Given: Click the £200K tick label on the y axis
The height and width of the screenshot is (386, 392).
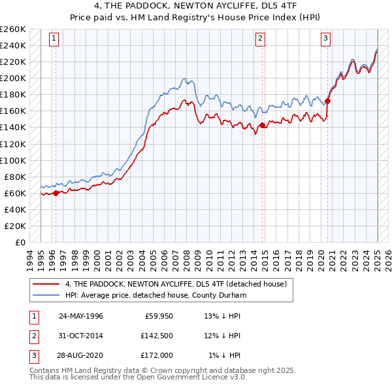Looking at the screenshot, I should pos(13,78).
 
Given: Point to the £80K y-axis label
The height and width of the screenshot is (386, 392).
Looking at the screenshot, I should pos(15,177).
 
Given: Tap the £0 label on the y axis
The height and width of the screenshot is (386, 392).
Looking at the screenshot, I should pos(21,242).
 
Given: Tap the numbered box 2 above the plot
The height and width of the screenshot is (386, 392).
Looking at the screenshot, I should pos(260,39).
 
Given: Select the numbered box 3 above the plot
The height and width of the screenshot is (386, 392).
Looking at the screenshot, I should pos(325,39).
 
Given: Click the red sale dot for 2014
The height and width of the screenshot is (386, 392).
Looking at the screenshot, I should pos(262,126).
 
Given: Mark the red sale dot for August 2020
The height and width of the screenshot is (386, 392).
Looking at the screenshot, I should pos(328,101).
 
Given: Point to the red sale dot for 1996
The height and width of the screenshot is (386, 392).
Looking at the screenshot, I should pos(56,193).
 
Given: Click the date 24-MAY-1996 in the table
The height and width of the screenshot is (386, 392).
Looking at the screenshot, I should pos(80,315).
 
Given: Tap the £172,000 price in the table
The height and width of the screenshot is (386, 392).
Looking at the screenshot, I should pos(156,355).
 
